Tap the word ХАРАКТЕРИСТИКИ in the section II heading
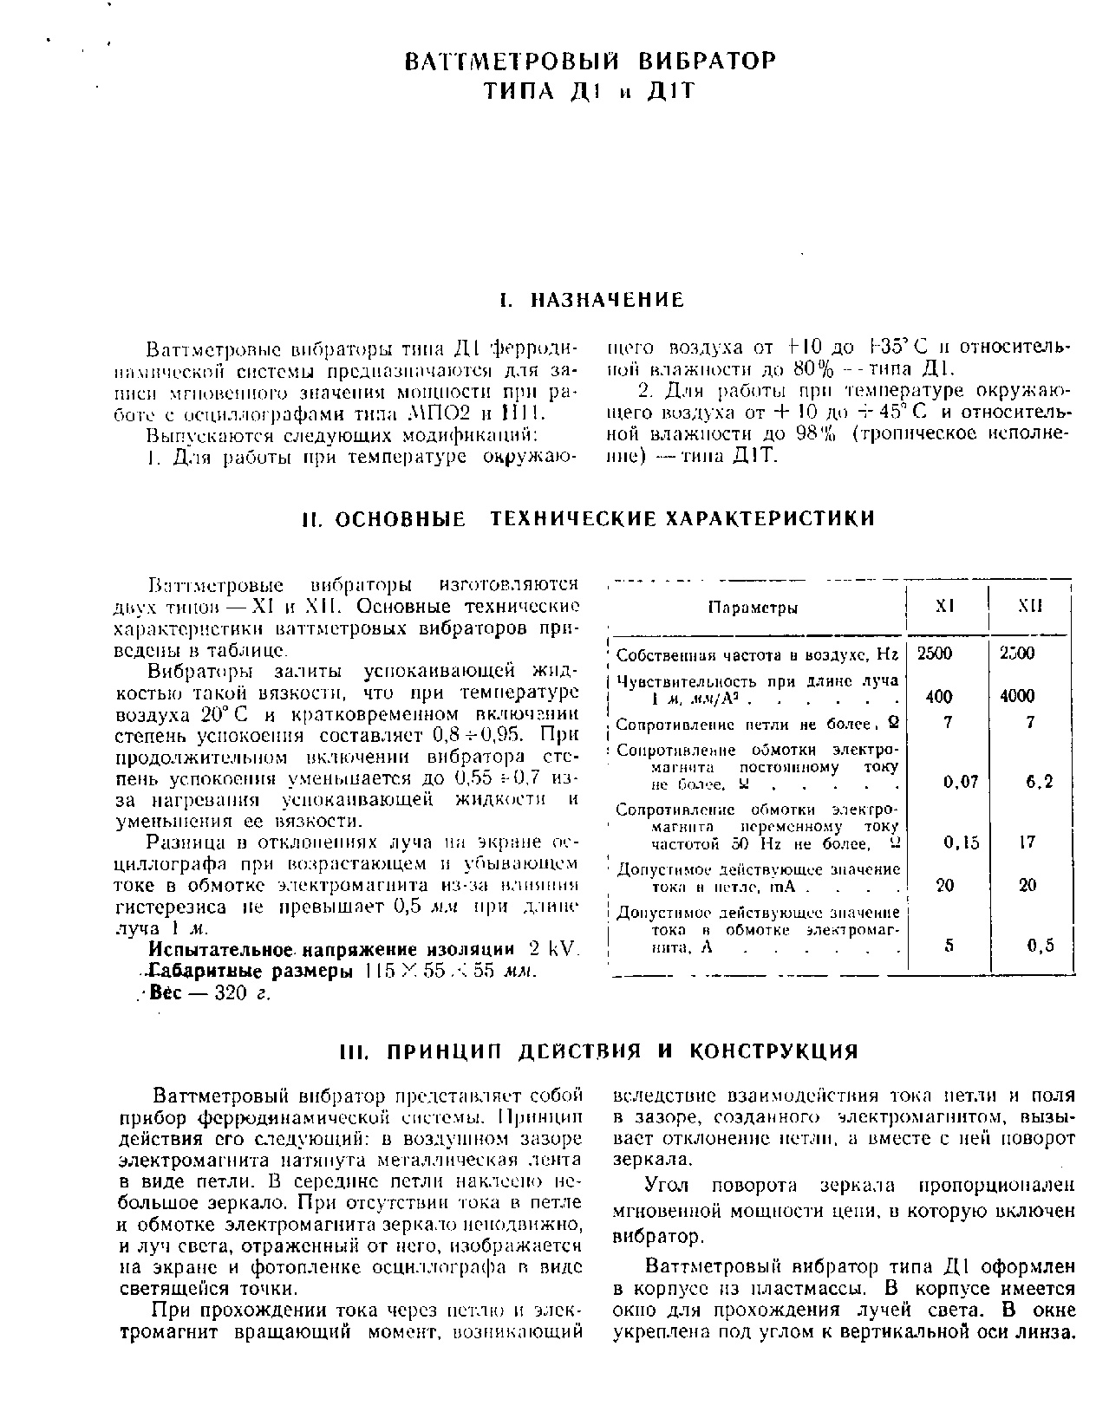point(769,518)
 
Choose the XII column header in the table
point(1030,607)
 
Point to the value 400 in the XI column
point(939,696)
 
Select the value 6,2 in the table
point(1040,782)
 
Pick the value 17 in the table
point(1027,842)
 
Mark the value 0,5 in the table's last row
point(1041,946)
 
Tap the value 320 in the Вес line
point(231,993)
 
